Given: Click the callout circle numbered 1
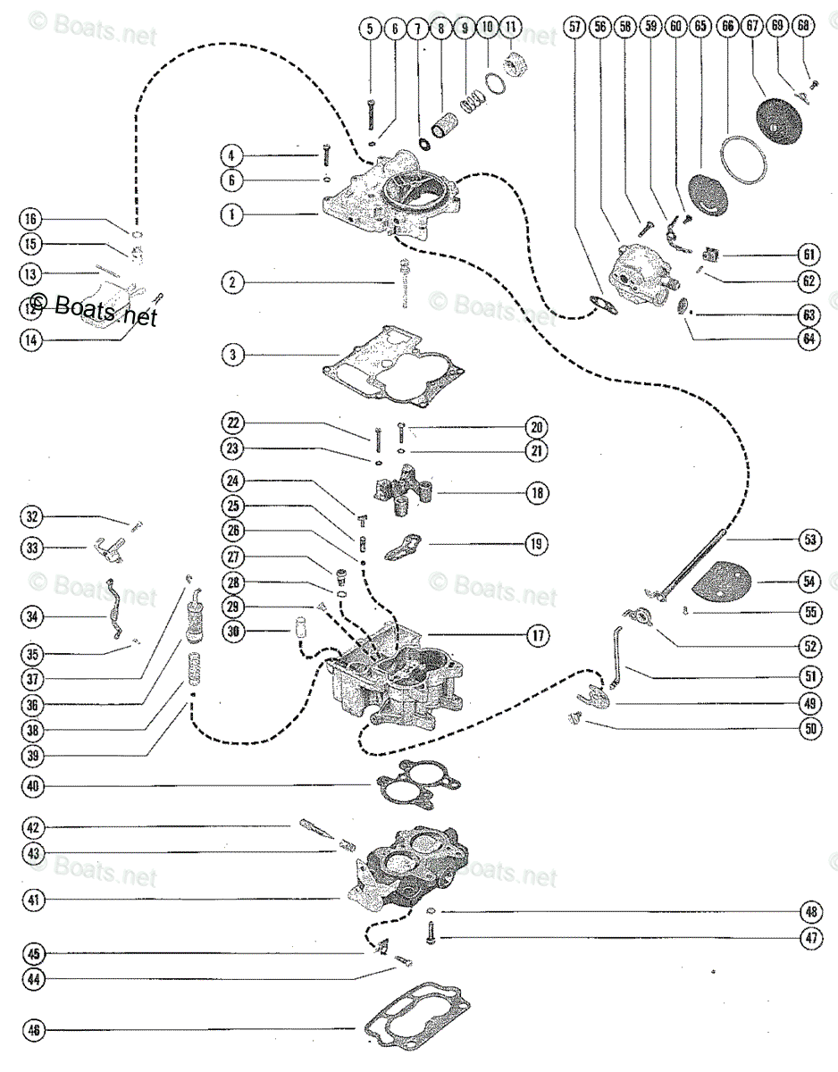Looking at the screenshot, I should pos(232,214).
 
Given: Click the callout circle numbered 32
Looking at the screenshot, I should pos(32,517).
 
